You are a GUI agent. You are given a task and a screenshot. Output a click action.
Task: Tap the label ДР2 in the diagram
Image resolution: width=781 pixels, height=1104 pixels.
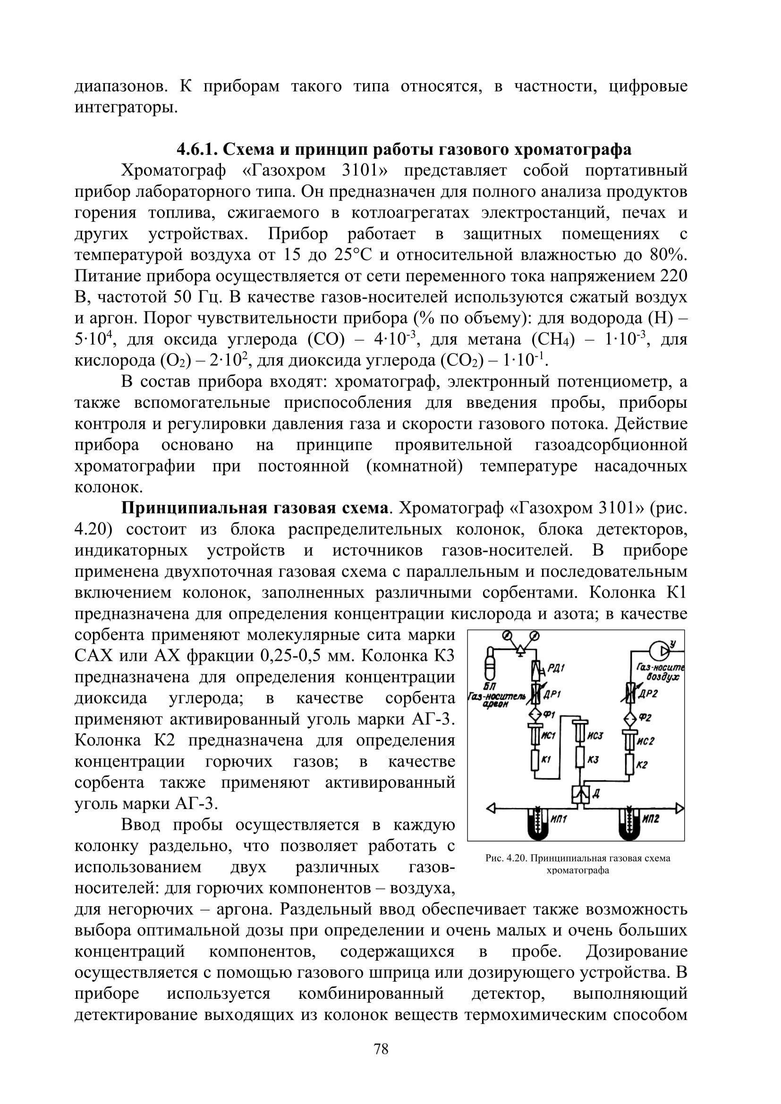pos(650,693)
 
